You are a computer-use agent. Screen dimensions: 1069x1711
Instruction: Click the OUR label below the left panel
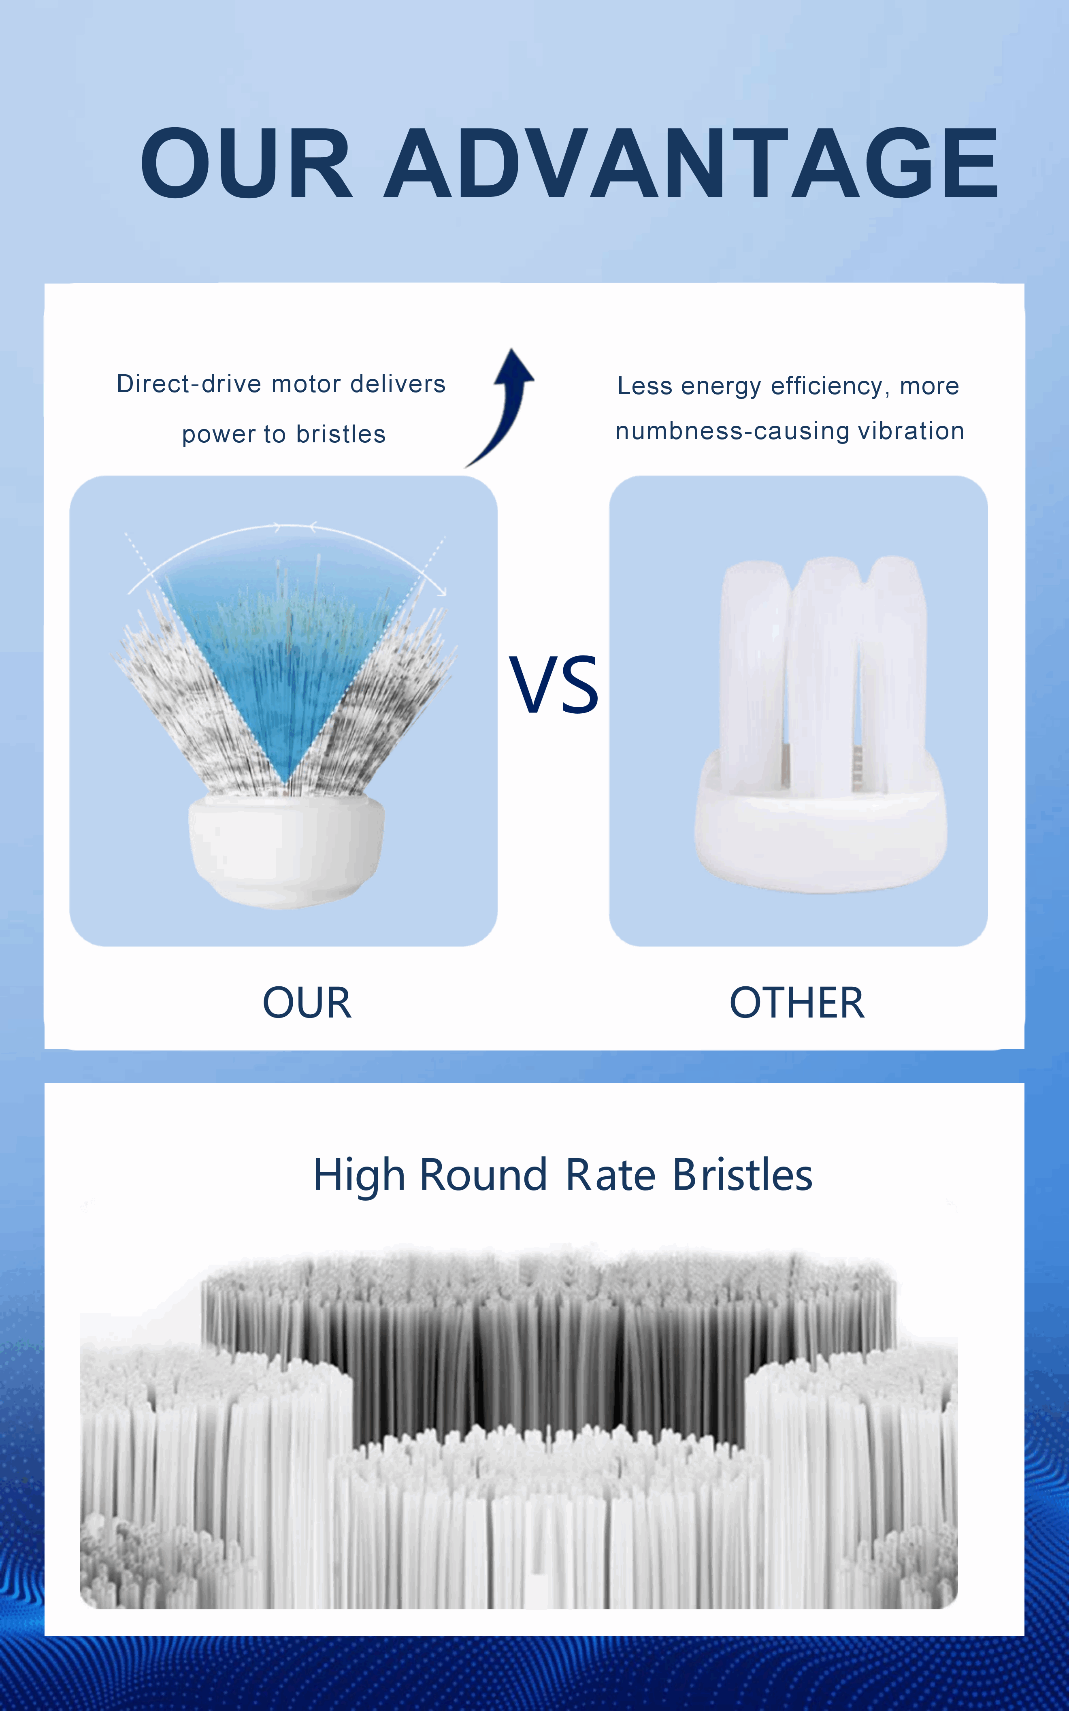tap(307, 1003)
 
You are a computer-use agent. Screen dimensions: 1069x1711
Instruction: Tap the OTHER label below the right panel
tap(797, 1003)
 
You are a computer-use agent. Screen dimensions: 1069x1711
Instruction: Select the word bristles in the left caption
tap(341, 434)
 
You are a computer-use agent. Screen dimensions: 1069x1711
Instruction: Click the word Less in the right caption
tap(645, 386)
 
